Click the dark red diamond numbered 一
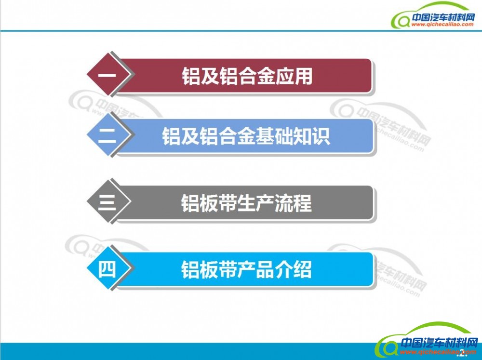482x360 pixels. (107, 74)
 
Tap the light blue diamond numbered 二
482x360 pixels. (107, 134)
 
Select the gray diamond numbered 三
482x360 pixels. (107, 201)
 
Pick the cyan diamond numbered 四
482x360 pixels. (107, 268)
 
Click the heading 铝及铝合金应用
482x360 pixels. (247, 76)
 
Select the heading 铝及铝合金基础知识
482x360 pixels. (246, 136)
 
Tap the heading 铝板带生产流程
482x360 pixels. (246, 203)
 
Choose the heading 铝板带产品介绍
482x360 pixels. (246, 269)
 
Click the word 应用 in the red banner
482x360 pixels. (294, 76)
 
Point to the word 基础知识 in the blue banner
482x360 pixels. (293, 136)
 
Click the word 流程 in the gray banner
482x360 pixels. (293, 203)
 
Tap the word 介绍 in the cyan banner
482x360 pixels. (293, 269)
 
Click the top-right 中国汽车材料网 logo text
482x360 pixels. (443, 17)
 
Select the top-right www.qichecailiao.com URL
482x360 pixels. (442, 25)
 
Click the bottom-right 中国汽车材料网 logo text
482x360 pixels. (440, 343)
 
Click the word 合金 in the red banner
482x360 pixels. (256, 76)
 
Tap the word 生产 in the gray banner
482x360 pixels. (255, 203)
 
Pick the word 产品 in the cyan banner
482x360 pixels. (255, 269)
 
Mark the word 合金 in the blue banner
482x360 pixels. (237, 136)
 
